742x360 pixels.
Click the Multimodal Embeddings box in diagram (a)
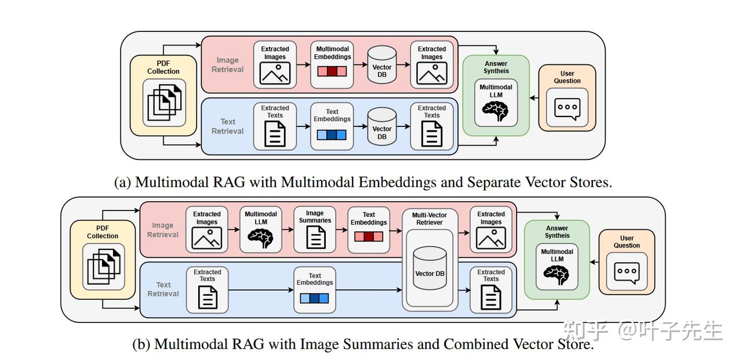pos(332,64)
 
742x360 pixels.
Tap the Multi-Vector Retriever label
pos(429,219)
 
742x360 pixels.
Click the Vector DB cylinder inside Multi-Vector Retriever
pos(429,268)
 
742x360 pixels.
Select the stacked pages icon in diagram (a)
pos(165,103)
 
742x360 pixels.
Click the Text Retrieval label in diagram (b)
pos(163,289)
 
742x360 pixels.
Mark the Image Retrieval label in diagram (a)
pos(228,64)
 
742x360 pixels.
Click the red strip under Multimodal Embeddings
pos(332,72)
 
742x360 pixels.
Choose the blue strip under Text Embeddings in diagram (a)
pos(332,134)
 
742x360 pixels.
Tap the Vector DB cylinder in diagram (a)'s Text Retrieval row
pos(382,127)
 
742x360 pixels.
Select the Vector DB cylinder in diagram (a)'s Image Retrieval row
pos(382,66)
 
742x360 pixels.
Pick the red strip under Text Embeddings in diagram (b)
pos(368,237)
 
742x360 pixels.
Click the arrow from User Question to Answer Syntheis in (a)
pos(534,97)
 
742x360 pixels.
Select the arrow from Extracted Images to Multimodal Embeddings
pos(303,64)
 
